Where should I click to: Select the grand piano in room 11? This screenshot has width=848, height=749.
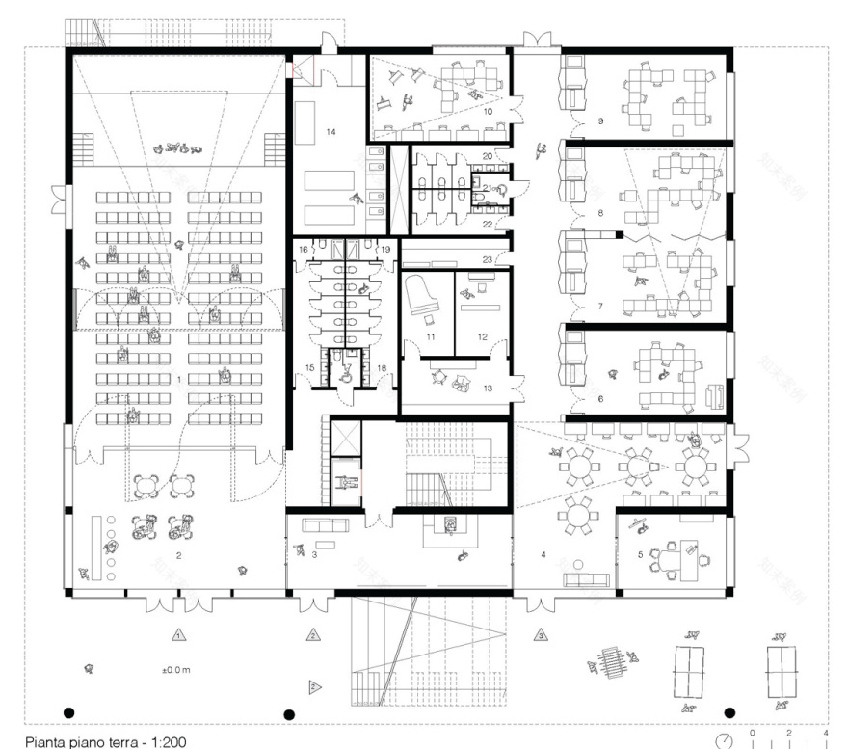point(421,294)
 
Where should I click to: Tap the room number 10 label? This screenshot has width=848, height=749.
point(489,112)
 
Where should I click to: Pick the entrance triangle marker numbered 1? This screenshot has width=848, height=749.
point(177,635)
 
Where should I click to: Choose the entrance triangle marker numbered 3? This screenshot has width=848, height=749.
point(542,635)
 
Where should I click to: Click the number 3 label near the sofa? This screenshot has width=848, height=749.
point(314,555)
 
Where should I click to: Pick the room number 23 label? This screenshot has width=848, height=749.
point(488,259)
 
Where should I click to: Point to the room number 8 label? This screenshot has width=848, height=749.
point(599,212)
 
